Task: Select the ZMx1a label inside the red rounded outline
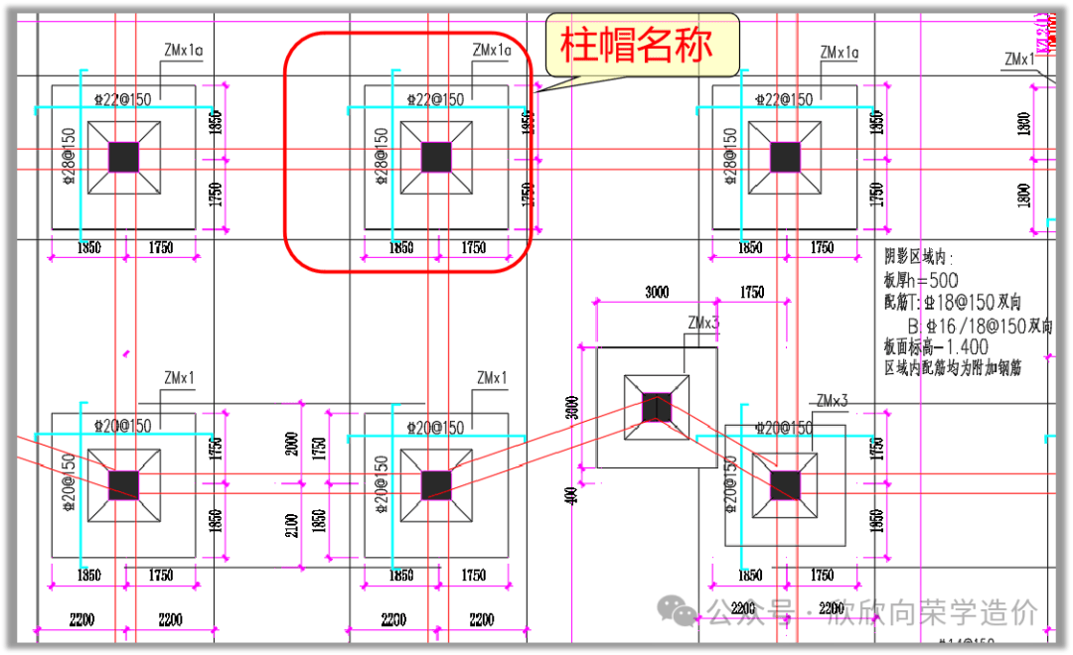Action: pos(492,50)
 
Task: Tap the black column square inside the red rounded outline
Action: pos(436,157)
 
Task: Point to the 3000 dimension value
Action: pos(656,293)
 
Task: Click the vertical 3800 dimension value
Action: pos(572,407)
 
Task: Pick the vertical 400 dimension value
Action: pos(572,494)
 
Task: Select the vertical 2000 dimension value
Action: pos(291,445)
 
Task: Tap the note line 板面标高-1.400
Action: pos(935,346)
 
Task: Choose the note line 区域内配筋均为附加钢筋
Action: pos(953,367)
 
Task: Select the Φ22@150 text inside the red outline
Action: pos(436,99)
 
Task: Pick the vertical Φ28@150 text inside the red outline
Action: pos(381,155)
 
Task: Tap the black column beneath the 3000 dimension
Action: pos(656,407)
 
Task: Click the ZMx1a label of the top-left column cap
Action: pos(184,50)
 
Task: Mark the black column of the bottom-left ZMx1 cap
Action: pos(124,484)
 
